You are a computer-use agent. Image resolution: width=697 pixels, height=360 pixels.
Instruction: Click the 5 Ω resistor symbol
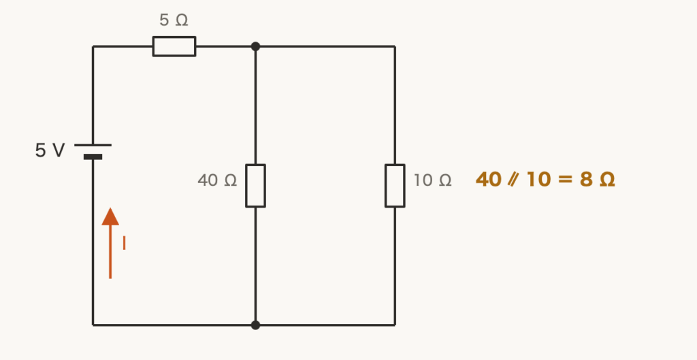tap(174, 46)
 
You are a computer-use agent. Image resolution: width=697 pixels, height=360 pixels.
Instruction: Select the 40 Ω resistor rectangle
tap(256, 186)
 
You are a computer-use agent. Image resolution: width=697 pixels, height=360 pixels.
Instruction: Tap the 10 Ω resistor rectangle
tap(395, 186)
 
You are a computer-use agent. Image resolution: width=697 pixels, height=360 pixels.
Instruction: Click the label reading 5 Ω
tap(174, 20)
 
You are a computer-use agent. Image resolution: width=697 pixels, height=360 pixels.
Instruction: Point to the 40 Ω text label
tap(217, 180)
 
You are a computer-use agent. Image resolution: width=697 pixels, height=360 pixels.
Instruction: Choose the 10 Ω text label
tap(432, 180)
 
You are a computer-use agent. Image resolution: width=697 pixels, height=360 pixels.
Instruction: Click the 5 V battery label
tap(50, 150)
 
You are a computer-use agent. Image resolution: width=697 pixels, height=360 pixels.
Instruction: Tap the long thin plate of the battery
tap(93, 145)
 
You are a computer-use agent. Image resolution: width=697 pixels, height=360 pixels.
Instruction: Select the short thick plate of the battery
tap(93, 157)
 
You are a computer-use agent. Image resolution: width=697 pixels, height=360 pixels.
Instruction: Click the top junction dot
tap(255, 46)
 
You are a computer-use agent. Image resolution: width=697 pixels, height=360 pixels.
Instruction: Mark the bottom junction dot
tap(255, 325)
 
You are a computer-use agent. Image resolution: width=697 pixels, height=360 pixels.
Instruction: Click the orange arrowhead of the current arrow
tap(110, 216)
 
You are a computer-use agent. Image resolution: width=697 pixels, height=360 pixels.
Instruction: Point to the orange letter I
tap(124, 243)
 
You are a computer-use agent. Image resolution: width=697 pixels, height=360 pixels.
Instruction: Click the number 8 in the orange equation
tap(586, 180)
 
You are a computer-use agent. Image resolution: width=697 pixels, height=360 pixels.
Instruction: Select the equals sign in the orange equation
tap(565, 180)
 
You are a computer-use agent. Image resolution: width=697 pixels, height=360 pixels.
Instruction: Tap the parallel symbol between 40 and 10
tap(513, 180)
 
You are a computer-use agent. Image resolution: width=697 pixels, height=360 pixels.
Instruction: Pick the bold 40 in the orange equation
tap(489, 180)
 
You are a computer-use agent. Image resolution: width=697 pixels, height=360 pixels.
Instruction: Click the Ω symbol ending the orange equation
tap(607, 180)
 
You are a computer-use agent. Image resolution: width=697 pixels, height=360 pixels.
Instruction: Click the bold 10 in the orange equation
tap(539, 180)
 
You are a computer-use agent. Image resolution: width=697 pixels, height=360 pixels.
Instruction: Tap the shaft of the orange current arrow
tap(110, 252)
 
